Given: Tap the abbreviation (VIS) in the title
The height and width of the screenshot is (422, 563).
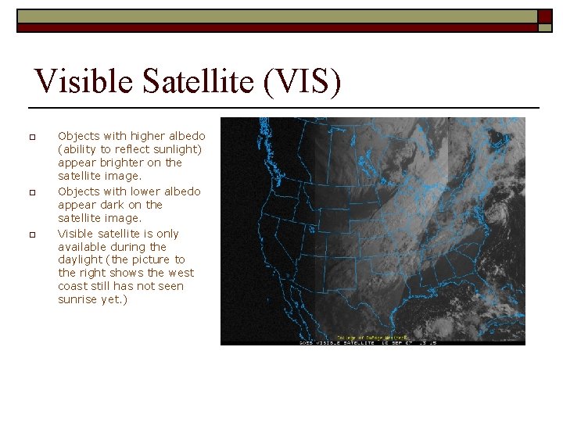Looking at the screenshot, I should click(x=302, y=82).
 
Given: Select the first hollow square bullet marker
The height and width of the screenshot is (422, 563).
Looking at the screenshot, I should click(x=32, y=138).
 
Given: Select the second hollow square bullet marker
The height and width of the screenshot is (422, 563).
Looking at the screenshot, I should click(x=32, y=192).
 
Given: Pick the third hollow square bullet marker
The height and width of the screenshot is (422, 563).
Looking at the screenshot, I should click(x=32, y=234).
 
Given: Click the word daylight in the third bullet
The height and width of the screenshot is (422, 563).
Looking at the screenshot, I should click(x=81, y=259).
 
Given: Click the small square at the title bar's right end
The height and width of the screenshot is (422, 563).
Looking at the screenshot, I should click(x=545, y=16).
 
